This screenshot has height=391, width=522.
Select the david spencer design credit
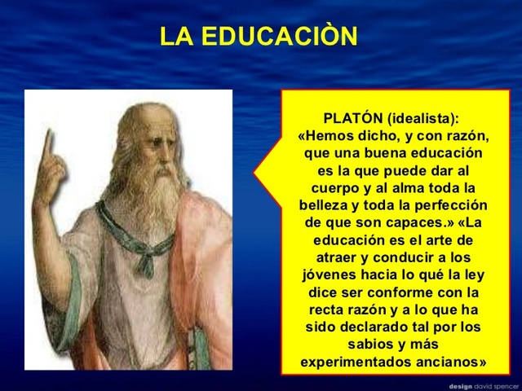click(x=480, y=385)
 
